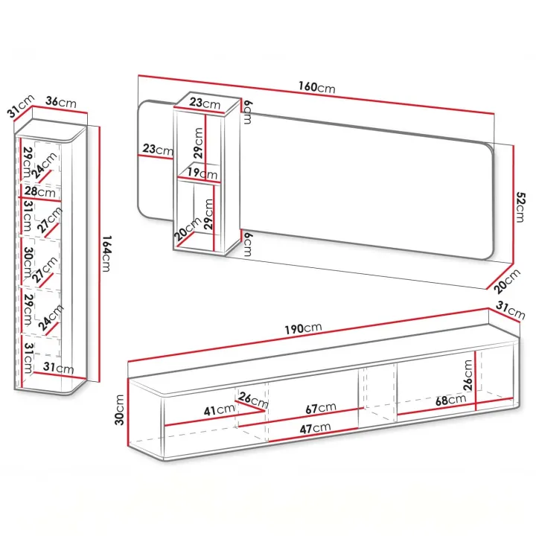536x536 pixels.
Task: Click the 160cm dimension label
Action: [317, 87]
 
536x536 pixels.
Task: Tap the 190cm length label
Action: [304, 328]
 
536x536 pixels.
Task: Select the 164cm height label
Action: [107, 253]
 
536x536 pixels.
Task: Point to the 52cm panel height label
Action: [520, 207]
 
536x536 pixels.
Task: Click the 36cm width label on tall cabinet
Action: [61, 102]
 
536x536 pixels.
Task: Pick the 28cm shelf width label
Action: [39, 191]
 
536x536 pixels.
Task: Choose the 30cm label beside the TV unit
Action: [120, 409]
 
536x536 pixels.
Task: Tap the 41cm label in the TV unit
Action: [219, 409]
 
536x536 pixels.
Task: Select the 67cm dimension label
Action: [321, 407]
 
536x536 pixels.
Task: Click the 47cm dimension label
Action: [315, 428]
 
